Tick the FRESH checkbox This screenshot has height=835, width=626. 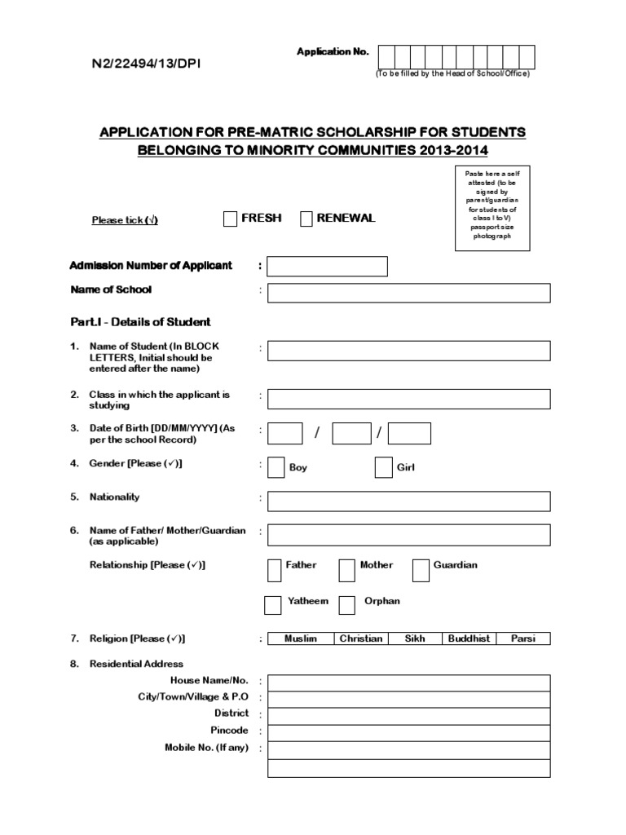230,219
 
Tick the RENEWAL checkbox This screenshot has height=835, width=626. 306,219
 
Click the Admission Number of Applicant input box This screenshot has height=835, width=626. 327,267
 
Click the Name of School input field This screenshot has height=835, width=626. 408,293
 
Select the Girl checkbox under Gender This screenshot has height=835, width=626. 383,467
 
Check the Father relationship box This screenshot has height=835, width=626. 276,571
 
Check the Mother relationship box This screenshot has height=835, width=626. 346,571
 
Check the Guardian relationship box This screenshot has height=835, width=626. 421,571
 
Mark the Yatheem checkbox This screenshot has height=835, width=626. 273,605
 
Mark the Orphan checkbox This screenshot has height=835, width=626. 346,605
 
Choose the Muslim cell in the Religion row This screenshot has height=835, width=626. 300,638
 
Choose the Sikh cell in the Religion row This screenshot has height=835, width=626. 415,638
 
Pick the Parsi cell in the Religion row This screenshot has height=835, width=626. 523,638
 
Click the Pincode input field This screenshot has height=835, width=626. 408,731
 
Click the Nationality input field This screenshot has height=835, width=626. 408,501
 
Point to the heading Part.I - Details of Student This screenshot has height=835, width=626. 139,322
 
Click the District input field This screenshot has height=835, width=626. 408,715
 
